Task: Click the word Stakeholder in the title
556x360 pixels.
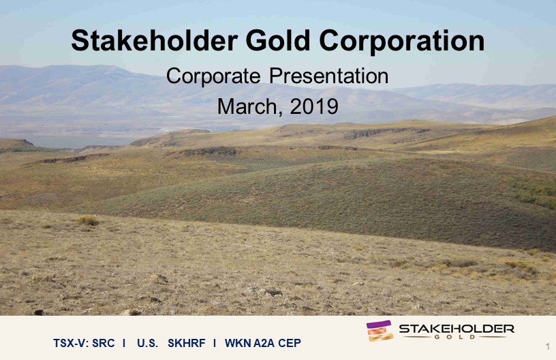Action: point(154,40)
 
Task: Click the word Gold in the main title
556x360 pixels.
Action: point(278,40)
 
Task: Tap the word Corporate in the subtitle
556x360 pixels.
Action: point(213,76)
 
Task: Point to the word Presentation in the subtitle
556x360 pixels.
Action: point(328,76)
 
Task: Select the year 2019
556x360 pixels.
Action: point(314,106)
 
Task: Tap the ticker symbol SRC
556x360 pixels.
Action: point(104,344)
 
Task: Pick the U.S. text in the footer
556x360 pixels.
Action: point(147,344)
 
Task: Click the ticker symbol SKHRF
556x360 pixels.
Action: point(187,344)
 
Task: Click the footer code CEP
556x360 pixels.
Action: point(290,344)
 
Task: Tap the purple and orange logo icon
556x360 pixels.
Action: point(380,331)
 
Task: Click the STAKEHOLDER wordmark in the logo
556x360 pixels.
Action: point(457,329)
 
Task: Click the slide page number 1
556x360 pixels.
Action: point(549,346)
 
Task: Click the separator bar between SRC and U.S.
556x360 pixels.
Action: point(124,344)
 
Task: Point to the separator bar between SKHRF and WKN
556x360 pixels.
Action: point(215,344)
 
